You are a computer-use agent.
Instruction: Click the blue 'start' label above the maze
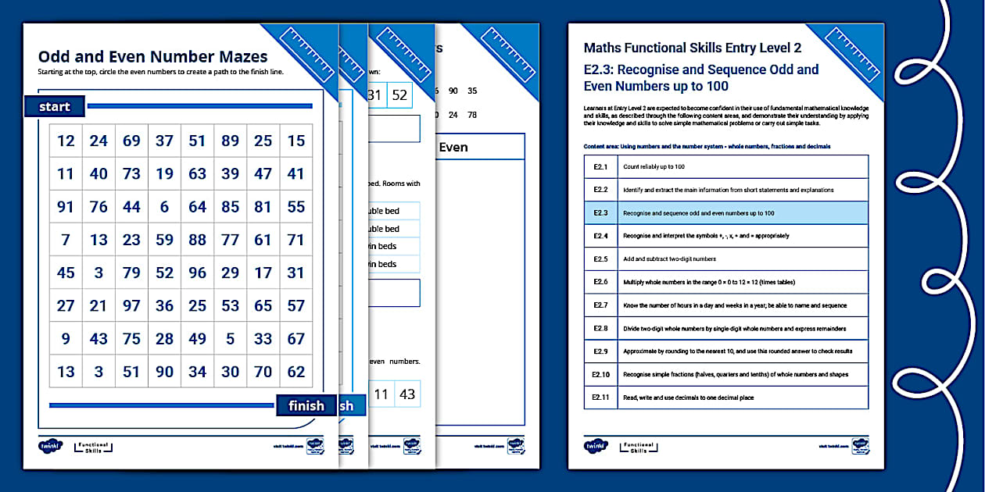(x=54, y=107)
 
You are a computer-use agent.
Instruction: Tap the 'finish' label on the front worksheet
(x=306, y=405)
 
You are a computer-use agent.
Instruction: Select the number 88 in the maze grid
(x=197, y=240)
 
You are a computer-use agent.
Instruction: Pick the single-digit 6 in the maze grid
(x=164, y=207)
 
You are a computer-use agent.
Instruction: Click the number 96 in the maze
(x=197, y=273)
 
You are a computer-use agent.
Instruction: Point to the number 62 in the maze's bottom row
(x=295, y=372)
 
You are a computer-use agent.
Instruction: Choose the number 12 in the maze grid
(x=66, y=141)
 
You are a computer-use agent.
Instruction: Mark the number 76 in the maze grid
(x=98, y=207)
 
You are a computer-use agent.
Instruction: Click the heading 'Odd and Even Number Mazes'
(x=152, y=56)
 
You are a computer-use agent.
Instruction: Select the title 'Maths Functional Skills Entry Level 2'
(x=692, y=48)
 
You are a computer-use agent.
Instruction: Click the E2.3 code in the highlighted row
(x=600, y=213)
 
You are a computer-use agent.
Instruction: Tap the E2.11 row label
(x=600, y=398)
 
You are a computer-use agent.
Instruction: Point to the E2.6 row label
(x=600, y=282)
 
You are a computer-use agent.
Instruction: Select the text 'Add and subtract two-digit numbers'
(x=669, y=259)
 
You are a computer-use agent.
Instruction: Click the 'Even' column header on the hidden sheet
(x=453, y=147)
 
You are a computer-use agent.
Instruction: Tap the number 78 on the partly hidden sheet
(x=471, y=115)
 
